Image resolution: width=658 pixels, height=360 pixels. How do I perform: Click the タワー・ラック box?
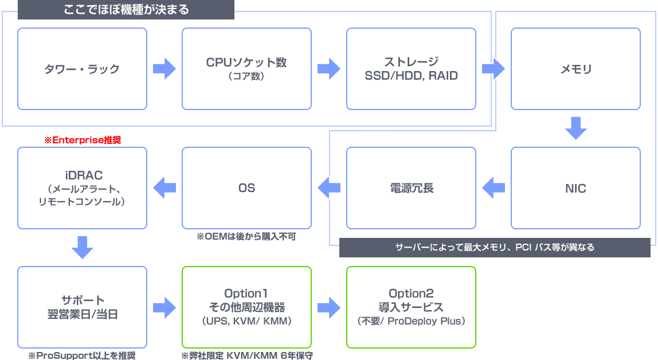point(82,69)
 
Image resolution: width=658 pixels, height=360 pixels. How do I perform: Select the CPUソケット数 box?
point(246,69)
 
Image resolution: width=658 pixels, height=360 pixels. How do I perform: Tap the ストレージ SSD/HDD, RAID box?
point(411,69)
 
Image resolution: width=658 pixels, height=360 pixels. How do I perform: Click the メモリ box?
point(575,69)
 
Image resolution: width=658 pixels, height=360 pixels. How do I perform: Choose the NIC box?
point(575,188)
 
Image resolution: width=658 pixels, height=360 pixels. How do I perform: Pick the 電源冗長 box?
point(411,188)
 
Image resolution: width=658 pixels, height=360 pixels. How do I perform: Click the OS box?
point(246,188)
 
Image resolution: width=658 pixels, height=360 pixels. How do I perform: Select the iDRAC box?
point(82,188)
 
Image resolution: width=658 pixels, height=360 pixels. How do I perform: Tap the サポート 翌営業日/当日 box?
point(82,307)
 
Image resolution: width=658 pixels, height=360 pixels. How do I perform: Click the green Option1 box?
point(246,307)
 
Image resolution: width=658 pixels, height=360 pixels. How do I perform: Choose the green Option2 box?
point(411,307)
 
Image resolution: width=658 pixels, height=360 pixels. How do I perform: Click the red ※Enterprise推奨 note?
point(83,139)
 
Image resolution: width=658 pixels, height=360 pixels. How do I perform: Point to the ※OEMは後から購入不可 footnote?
point(246,236)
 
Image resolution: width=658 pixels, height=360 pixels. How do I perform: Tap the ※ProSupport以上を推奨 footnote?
point(82,355)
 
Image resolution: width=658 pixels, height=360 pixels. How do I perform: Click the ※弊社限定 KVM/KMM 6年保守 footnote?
point(247,355)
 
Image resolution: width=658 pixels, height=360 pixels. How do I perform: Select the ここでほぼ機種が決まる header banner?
point(126,10)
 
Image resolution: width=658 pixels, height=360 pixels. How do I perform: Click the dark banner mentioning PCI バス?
point(495,248)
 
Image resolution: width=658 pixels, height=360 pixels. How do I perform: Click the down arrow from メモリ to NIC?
point(575,128)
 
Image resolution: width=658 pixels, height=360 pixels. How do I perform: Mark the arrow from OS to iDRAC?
point(164,188)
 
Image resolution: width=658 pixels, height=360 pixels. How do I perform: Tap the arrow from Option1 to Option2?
point(328,307)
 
